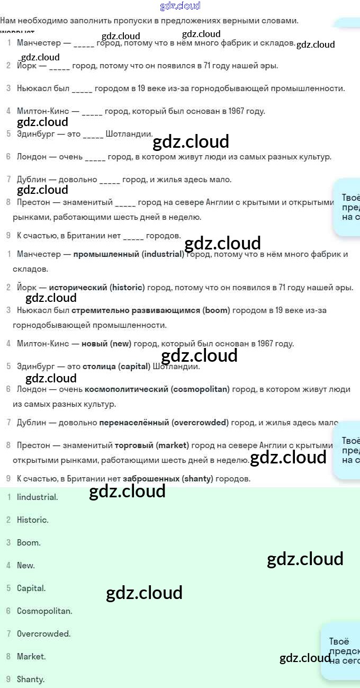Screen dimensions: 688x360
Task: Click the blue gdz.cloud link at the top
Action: click(x=180, y=6)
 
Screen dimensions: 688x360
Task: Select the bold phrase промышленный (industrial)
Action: click(x=129, y=254)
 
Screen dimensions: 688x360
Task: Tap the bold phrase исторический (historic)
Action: click(x=96, y=288)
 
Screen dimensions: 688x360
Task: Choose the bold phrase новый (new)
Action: click(x=106, y=344)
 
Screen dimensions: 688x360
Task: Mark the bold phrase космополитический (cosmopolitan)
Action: click(x=157, y=389)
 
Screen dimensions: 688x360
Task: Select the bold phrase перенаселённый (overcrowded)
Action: click(x=164, y=423)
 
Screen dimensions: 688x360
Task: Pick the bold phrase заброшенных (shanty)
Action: click(x=168, y=479)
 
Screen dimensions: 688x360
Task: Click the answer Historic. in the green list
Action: click(x=32, y=520)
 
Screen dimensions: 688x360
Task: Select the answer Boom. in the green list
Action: click(x=29, y=543)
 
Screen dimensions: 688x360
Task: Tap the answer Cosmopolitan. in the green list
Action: click(x=44, y=611)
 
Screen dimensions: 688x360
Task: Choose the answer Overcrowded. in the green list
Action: click(x=43, y=634)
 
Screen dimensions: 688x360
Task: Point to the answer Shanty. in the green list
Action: click(x=31, y=680)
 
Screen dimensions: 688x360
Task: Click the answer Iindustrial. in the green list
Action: click(x=37, y=497)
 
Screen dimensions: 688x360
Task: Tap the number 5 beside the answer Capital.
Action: click(x=8, y=588)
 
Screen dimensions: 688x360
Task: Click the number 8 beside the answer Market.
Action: click(x=8, y=657)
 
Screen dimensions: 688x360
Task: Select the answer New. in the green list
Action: click(x=26, y=566)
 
